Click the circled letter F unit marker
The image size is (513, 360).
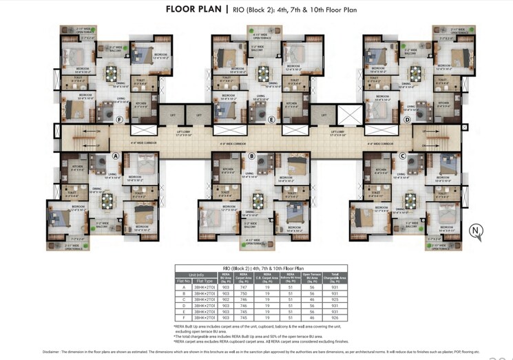tap(120, 119)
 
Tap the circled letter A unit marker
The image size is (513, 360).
tap(115, 156)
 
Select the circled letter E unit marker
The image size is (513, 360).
tap(272, 119)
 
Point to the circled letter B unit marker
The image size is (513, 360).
tap(251, 156)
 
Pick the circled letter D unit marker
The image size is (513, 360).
tap(406, 119)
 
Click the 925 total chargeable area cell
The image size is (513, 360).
tap(335, 300)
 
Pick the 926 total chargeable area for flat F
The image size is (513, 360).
tap(335, 318)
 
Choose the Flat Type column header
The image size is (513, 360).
tap(205, 281)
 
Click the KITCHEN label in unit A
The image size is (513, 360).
tap(76, 167)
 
